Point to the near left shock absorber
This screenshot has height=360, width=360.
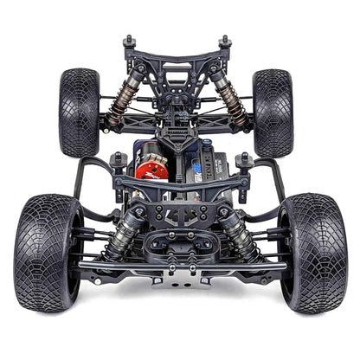click(126, 227)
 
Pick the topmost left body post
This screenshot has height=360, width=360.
click(130, 42)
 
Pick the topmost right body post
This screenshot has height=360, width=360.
click(225, 42)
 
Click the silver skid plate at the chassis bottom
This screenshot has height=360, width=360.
click(180, 279)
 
